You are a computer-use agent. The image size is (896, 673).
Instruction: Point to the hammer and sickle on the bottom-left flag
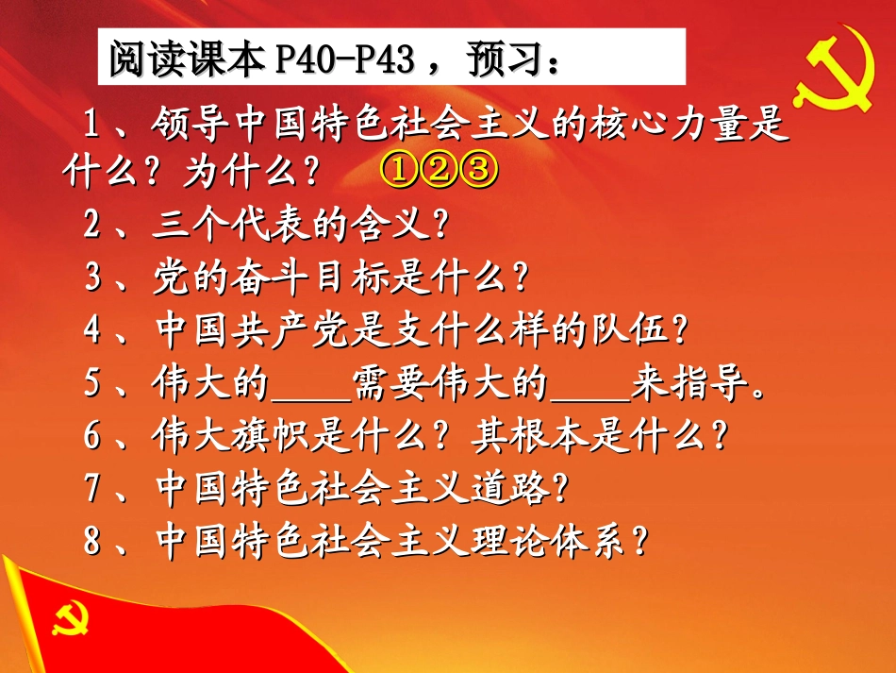tap(70, 619)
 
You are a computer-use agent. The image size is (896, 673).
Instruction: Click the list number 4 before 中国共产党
tap(92, 330)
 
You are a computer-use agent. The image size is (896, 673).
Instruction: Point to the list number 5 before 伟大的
tap(92, 383)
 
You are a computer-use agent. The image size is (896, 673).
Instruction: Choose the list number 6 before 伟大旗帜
tap(92, 436)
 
